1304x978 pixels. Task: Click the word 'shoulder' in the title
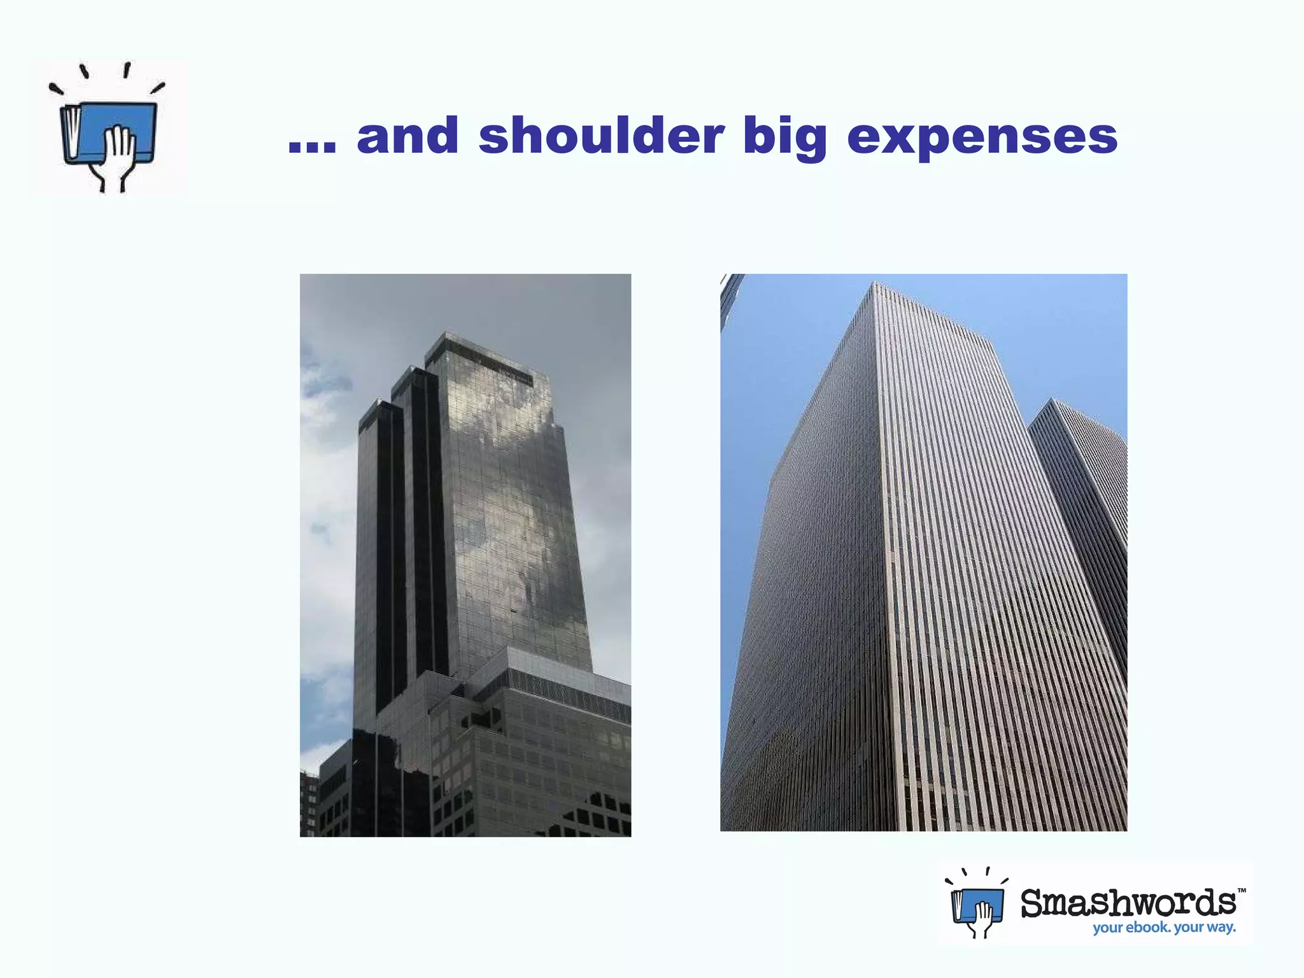pyautogui.click(x=601, y=136)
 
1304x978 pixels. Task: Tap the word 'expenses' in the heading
pyautogui.click(x=982, y=137)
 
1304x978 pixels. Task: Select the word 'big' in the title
pyautogui.click(x=785, y=137)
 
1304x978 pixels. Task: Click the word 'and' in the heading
pyautogui.click(x=407, y=136)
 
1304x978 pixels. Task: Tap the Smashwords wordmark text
pyautogui.click(x=1128, y=903)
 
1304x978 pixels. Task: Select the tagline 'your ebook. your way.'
pyautogui.click(x=1164, y=928)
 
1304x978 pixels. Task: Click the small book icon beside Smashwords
pyautogui.click(x=977, y=904)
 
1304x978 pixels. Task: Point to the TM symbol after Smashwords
pyautogui.click(x=1242, y=891)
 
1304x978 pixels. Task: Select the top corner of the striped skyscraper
pyautogui.click(x=875, y=287)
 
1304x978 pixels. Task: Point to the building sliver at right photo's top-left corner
pyautogui.click(x=730, y=299)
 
